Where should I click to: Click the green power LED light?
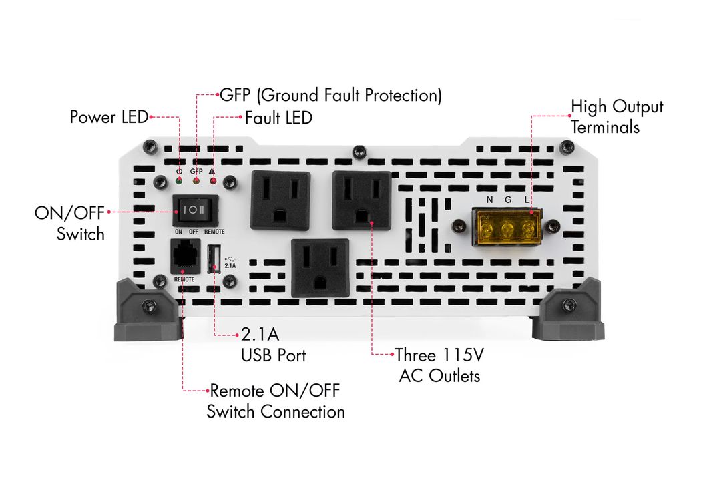click(179, 181)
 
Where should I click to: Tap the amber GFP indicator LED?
click(196, 181)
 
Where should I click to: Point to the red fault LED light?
click(213, 181)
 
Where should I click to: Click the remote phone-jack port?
click(186, 257)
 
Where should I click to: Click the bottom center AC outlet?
click(320, 268)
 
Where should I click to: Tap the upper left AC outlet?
click(280, 200)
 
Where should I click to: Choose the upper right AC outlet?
click(362, 200)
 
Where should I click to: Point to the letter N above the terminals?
click(489, 200)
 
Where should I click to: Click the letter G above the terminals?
click(508, 200)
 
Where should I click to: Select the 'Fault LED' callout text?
click(278, 118)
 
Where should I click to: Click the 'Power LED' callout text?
click(109, 117)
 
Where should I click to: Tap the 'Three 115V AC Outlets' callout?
click(439, 365)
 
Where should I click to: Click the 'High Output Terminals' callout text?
click(617, 116)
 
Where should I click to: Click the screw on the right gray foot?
click(567, 305)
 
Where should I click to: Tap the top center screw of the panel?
click(359, 152)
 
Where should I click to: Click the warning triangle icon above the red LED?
click(212, 171)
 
